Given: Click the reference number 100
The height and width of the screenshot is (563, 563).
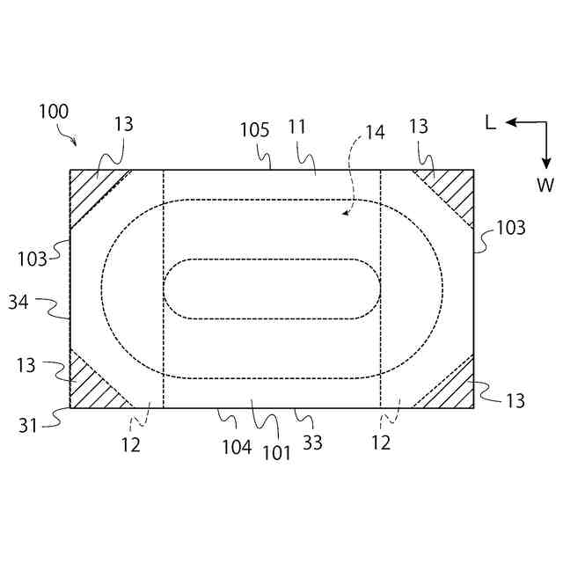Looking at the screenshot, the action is (x=54, y=112).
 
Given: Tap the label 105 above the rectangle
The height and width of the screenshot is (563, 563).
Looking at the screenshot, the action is (x=254, y=130).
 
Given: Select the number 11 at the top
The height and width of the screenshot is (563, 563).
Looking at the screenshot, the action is (x=297, y=127).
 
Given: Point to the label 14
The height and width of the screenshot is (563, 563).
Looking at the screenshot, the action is (x=376, y=132).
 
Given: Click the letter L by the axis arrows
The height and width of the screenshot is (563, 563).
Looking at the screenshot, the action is (x=491, y=123).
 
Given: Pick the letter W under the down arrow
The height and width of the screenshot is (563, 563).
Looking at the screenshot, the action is (x=545, y=186).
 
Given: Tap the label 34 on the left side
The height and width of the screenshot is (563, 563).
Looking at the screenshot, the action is (x=18, y=302).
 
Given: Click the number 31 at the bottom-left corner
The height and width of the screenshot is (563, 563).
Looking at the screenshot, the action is (x=28, y=426).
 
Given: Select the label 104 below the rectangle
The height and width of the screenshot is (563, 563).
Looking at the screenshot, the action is (x=237, y=448).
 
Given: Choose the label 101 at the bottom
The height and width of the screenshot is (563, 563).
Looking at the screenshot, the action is (x=276, y=453).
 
